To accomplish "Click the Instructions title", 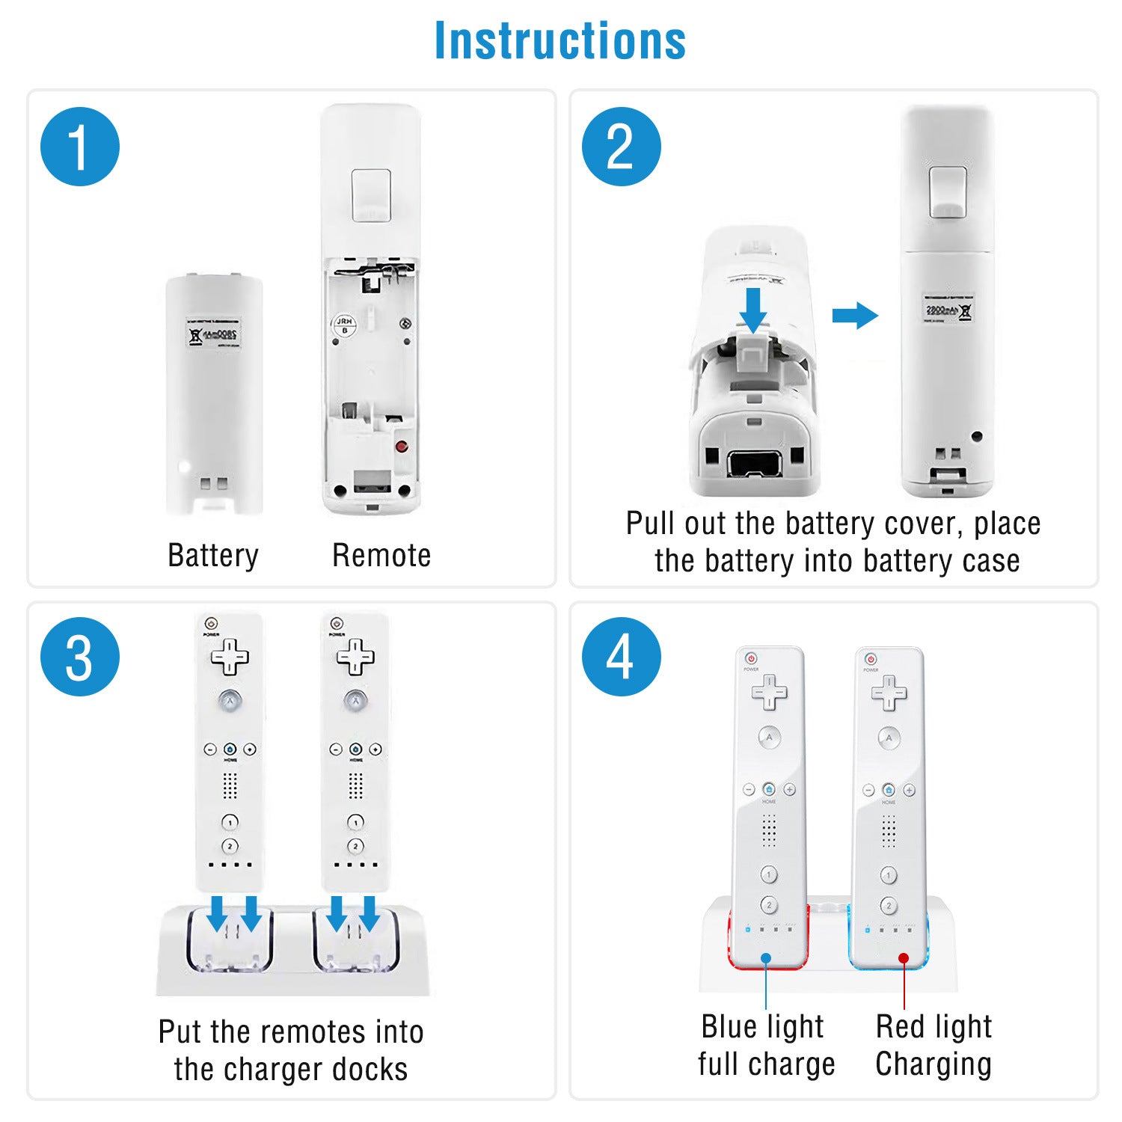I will point(560,40).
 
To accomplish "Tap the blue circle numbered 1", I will point(80,147).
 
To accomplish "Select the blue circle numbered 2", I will point(621,147).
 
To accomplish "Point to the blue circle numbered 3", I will point(80,657).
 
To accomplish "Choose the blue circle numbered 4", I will point(621,657).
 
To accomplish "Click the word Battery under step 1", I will point(213,556).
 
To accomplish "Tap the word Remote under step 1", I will point(381,556).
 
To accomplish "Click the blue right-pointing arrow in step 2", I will point(855,315).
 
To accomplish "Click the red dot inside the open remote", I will point(402,447).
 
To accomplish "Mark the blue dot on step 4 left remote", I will point(766,958).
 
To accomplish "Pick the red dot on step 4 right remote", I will point(904,958).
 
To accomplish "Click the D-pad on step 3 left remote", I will point(230,657).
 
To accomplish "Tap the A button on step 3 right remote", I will point(355,701).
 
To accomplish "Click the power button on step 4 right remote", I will point(870,659).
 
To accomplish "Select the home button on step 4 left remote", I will point(769,790).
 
